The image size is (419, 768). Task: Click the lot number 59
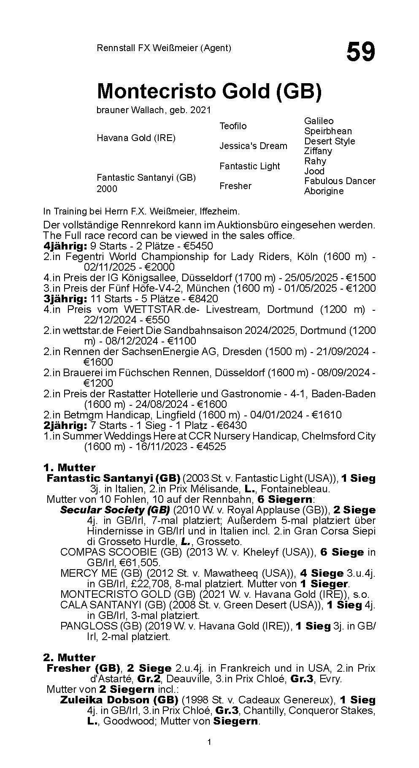[360, 53]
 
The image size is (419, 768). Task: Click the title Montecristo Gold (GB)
[209, 91]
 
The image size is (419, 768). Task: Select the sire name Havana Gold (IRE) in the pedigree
[136, 138]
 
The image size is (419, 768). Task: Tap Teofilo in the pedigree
[233, 126]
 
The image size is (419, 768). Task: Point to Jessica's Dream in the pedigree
[253, 146]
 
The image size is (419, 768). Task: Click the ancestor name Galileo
[319, 121]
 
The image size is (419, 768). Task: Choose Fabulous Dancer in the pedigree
[340, 181]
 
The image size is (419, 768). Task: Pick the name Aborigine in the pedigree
[324, 191]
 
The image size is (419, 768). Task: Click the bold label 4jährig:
[65, 246]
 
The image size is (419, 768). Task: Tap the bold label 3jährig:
[65, 299]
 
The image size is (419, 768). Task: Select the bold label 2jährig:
[65, 425]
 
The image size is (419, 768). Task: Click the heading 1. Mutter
[69, 467]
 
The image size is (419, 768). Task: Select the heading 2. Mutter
[69, 657]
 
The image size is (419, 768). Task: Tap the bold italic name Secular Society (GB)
[115, 510]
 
